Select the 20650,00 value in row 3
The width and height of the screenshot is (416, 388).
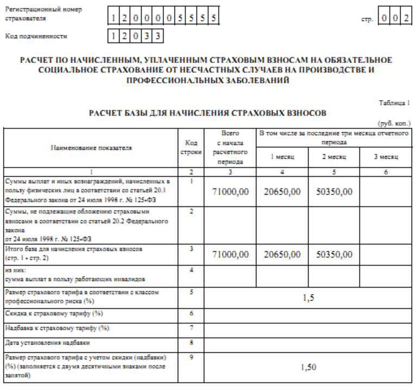coord(281,254)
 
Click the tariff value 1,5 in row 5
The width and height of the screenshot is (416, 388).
coord(307,297)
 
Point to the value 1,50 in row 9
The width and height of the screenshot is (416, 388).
coord(307,367)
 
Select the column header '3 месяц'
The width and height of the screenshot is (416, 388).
coord(386,157)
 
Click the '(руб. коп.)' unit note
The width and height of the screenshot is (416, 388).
coord(398,123)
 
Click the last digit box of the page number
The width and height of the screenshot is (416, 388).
coord(405,18)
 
